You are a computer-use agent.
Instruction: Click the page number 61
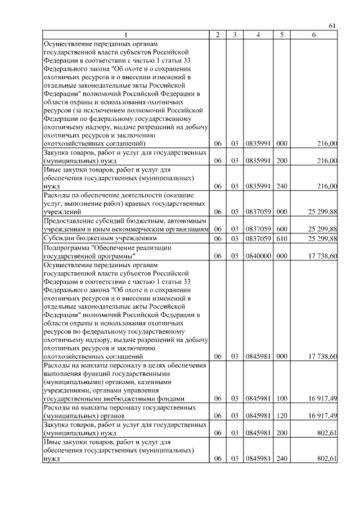[x=332, y=26]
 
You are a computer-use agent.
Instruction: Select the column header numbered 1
[x=125, y=35]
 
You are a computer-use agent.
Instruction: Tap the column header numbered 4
[x=258, y=35]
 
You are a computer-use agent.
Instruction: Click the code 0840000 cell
[x=258, y=256]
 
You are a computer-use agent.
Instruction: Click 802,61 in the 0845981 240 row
[x=327, y=459]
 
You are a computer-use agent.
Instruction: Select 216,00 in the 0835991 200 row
[x=327, y=161]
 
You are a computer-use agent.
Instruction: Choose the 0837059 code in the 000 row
[x=258, y=212]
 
